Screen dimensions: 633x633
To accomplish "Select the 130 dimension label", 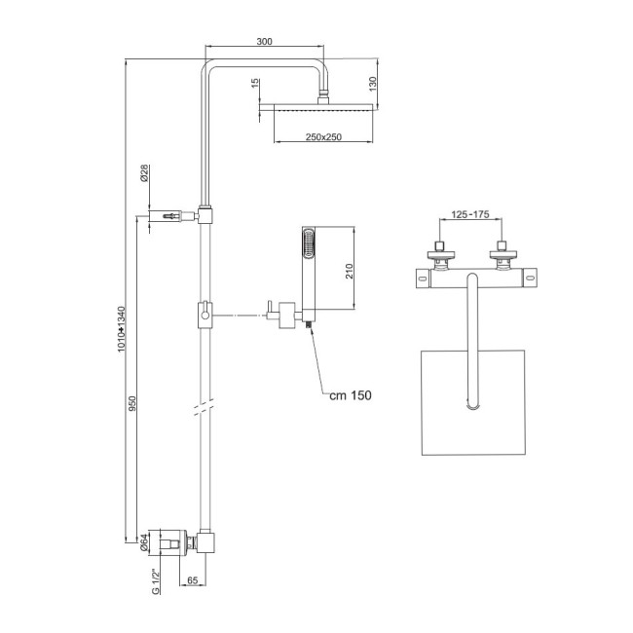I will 374,83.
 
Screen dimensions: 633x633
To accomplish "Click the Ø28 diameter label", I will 144,174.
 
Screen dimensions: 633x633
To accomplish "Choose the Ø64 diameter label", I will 143,542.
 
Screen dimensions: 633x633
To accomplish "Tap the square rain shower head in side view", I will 322,108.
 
